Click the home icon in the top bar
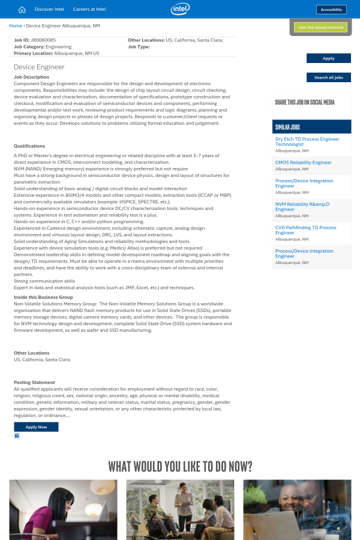22,10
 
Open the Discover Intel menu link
49,10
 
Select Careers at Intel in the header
89,10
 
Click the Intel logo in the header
180,8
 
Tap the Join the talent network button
320,28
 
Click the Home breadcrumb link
16,26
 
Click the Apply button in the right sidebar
328,58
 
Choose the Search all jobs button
328,77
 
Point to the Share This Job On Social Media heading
304,103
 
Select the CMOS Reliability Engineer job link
303,163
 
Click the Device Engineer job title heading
39,67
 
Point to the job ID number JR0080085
43,40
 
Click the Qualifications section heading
29,146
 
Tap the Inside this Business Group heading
43,297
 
